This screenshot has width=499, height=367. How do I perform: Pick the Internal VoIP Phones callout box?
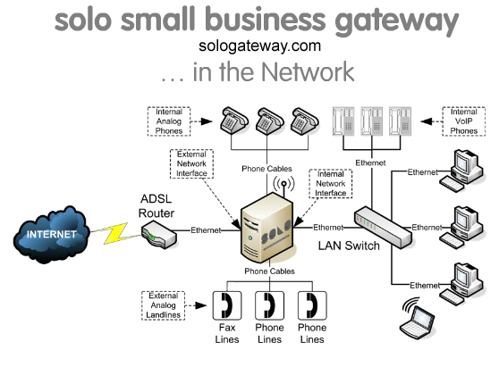tap(463, 121)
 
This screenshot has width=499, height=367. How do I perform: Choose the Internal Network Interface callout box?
tap(332, 183)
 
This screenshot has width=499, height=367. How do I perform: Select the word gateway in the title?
tap(386, 20)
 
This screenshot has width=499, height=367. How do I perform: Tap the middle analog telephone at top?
tap(267, 120)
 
